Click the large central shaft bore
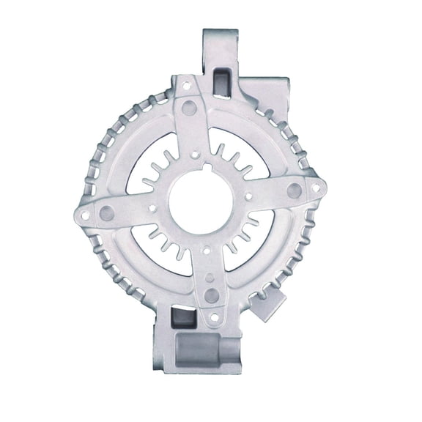(x=201, y=203)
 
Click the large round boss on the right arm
(x=294, y=190)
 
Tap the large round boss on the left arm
(x=107, y=214)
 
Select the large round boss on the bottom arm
(x=211, y=295)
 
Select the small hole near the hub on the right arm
(x=250, y=196)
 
